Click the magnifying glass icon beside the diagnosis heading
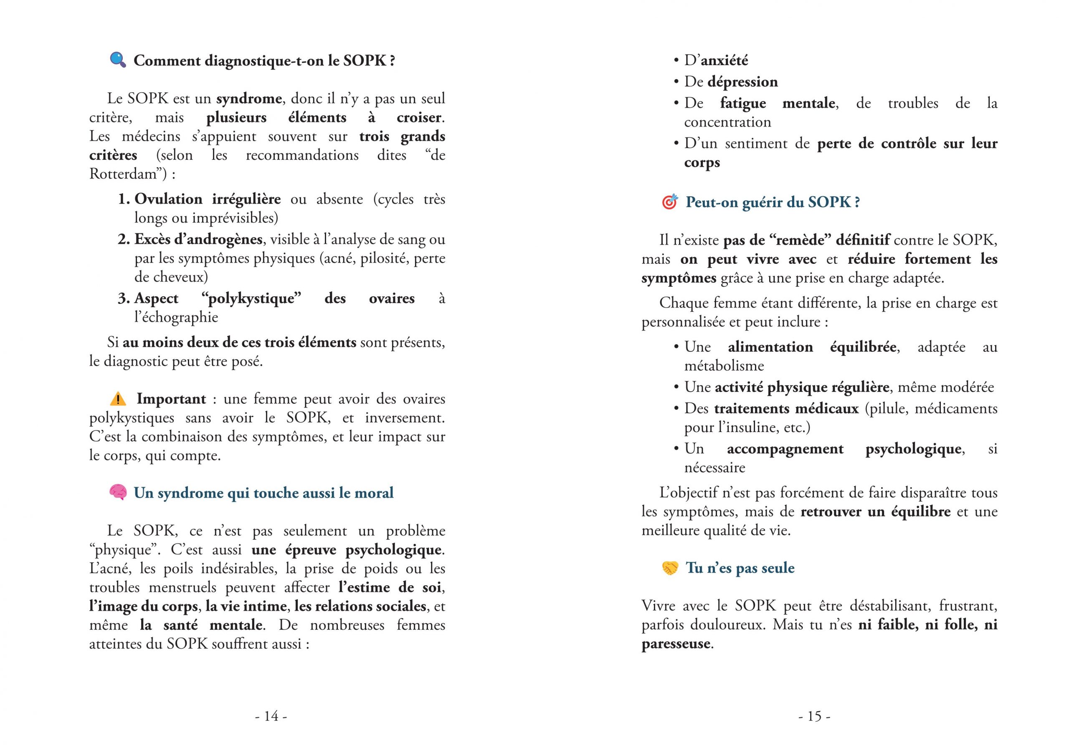point(118,60)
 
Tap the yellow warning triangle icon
point(118,399)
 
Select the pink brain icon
point(118,493)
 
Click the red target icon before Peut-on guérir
point(669,202)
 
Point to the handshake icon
point(670,568)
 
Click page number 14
point(271,716)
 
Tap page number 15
point(814,716)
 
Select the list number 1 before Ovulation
point(123,199)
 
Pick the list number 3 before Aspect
point(123,298)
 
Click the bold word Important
point(171,399)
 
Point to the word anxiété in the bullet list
point(724,61)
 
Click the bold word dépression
point(742,82)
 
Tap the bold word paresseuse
point(676,644)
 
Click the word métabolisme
point(724,366)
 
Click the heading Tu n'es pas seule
point(740,568)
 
